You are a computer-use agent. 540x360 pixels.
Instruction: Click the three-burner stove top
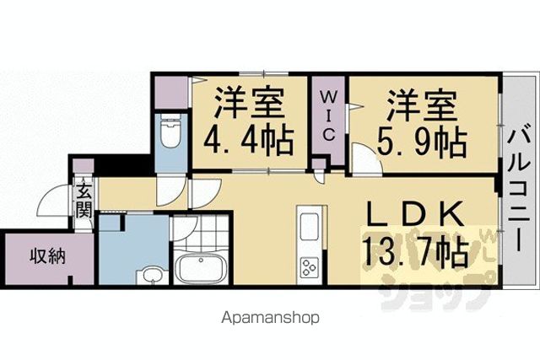coord(309,267)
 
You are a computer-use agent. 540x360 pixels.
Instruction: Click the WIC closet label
coord(328,116)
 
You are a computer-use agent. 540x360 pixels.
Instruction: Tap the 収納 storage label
coord(47,256)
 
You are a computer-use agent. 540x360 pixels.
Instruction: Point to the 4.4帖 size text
coord(249,141)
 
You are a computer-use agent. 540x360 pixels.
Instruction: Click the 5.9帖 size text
coord(423,142)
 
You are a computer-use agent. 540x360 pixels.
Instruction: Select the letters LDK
coord(416,214)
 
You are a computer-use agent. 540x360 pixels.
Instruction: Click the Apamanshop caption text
coord(270,319)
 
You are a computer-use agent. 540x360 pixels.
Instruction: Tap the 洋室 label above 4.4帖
coord(250,103)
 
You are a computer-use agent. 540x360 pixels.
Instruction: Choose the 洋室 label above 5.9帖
coord(422,105)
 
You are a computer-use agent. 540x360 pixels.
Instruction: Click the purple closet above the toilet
coord(170,92)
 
